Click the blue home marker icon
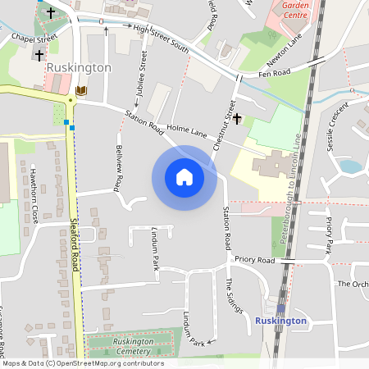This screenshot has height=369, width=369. [184, 177]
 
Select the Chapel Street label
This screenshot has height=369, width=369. [34, 38]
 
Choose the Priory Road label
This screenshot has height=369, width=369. [253, 259]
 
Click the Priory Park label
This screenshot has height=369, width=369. [328, 235]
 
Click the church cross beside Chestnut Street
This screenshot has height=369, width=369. [237, 119]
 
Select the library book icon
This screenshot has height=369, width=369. [80, 90]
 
